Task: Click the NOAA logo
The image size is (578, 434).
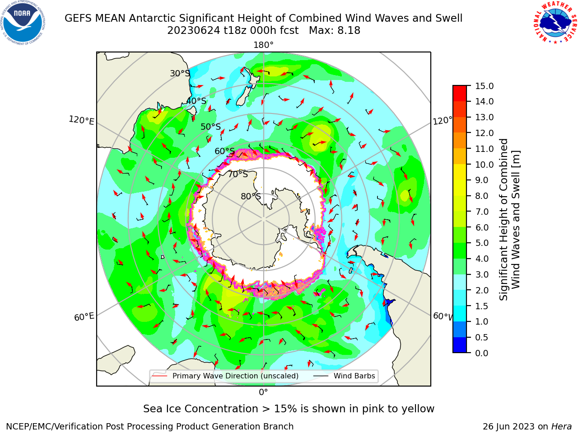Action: [23, 23]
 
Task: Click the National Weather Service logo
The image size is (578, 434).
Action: [555, 23]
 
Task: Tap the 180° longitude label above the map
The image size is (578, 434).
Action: [263, 45]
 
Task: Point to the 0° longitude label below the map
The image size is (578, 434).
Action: [263, 392]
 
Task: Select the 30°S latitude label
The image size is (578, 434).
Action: [180, 73]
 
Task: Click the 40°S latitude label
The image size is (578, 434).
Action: [196, 101]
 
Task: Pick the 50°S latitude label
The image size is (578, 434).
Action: [211, 127]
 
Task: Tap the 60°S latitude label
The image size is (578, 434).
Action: [224, 151]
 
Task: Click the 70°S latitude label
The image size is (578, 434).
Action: [238, 174]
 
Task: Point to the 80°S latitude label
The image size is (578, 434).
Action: [251, 196]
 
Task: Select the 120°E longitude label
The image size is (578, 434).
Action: [81, 120]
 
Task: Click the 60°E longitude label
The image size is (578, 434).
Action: [84, 316]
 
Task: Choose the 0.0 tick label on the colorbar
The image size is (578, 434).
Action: [482, 353]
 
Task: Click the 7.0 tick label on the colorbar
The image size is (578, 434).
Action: [482, 212]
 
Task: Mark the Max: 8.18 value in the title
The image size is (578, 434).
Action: [335, 31]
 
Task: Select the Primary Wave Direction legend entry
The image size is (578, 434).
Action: [225, 376]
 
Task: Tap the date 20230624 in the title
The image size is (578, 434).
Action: [194, 31]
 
